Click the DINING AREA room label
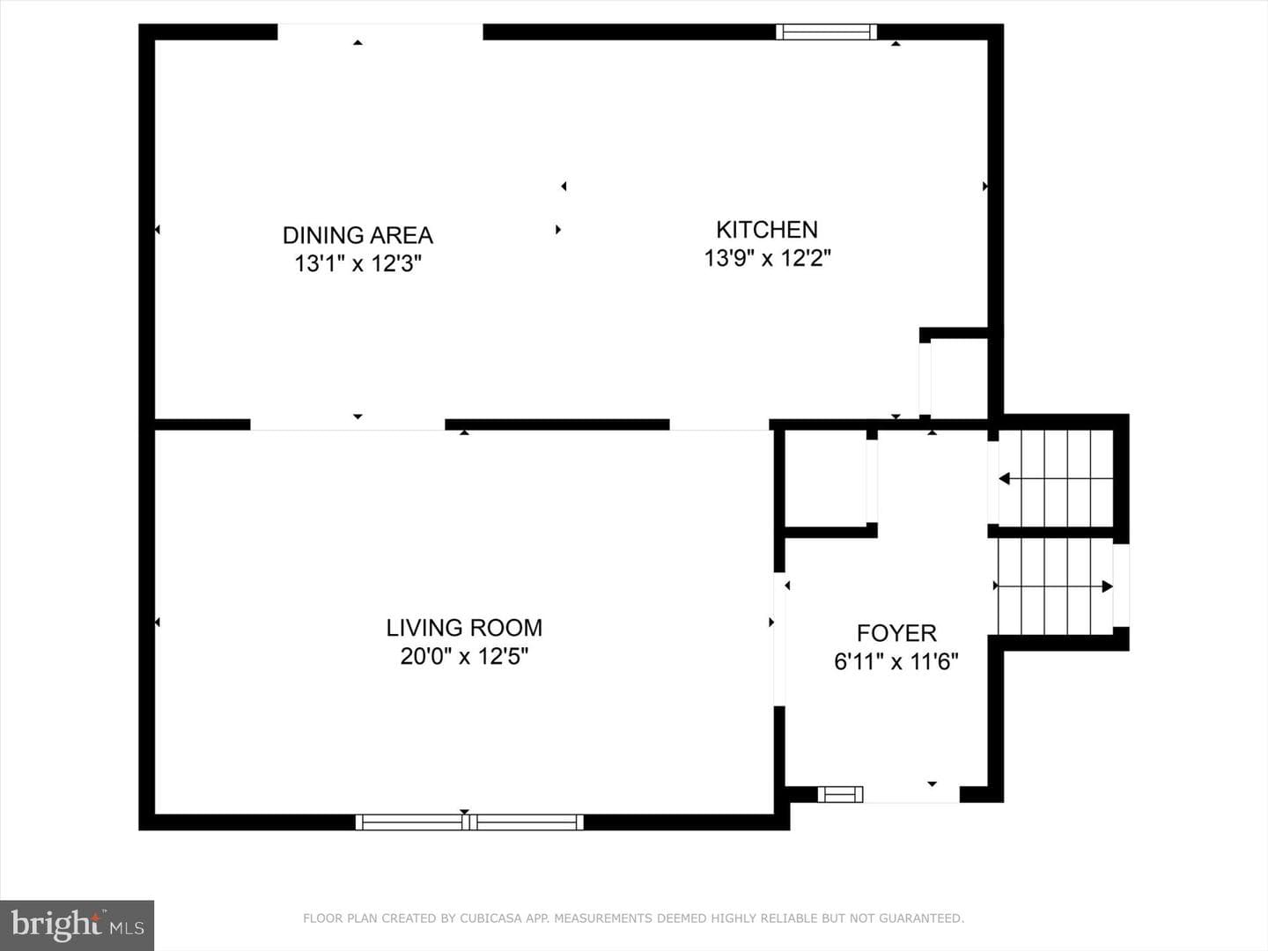pyautogui.click(x=358, y=235)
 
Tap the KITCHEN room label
pyautogui.click(x=767, y=230)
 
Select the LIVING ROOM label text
pyautogui.click(x=464, y=628)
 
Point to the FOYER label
pyautogui.click(x=896, y=633)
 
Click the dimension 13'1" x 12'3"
pyautogui.click(x=358, y=263)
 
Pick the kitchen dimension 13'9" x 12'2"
pyautogui.click(x=767, y=258)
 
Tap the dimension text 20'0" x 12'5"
pyautogui.click(x=464, y=657)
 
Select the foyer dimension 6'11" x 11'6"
pyautogui.click(x=896, y=661)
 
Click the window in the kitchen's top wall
pyautogui.click(x=826, y=32)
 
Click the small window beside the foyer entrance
pyautogui.click(x=840, y=794)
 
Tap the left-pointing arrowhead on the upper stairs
pyautogui.click(x=1005, y=479)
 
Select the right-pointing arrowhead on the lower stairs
pyautogui.click(x=1107, y=586)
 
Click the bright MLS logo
pyautogui.click(x=77, y=925)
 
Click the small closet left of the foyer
pyautogui.click(x=825, y=479)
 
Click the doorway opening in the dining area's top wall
pyautogui.click(x=380, y=32)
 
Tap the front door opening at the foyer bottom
pyautogui.click(x=911, y=794)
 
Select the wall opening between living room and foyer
pyautogui.click(x=779, y=638)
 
